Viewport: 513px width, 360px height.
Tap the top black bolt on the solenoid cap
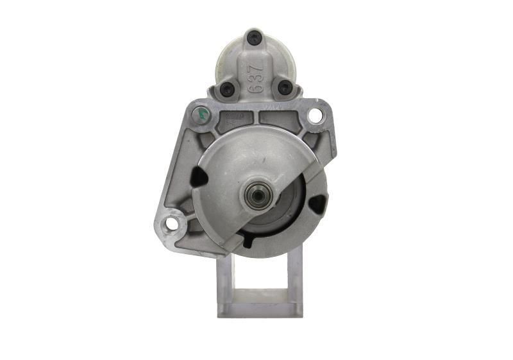coord(256,37)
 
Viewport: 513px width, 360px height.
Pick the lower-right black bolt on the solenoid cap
coord(284,89)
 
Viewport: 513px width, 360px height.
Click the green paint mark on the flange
coord(203,114)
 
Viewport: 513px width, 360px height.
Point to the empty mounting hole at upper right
coord(314,116)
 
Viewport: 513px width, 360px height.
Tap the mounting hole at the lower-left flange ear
coord(171,223)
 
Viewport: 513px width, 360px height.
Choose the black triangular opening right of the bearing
coord(316,204)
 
